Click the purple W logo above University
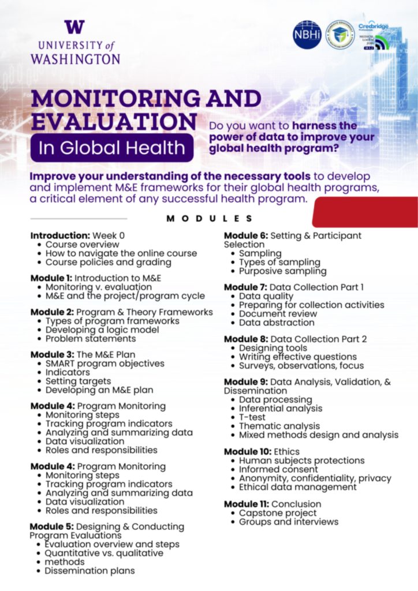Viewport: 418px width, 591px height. [x=74, y=27]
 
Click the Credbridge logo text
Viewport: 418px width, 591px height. [x=373, y=27]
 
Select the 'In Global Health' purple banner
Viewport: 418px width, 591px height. [x=111, y=148]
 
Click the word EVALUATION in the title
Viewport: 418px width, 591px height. [x=114, y=122]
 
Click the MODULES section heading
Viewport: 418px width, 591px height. [x=210, y=219]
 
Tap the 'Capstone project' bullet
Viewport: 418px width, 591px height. [x=278, y=513]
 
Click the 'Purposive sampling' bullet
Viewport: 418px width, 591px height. [x=282, y=271]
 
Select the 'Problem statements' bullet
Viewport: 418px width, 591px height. [x=91, y=339]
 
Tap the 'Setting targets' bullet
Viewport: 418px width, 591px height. [x=78, y=381]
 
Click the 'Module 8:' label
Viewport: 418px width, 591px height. [x=245, y=339]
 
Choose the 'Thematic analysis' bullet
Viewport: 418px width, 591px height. [x=279, y=426]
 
